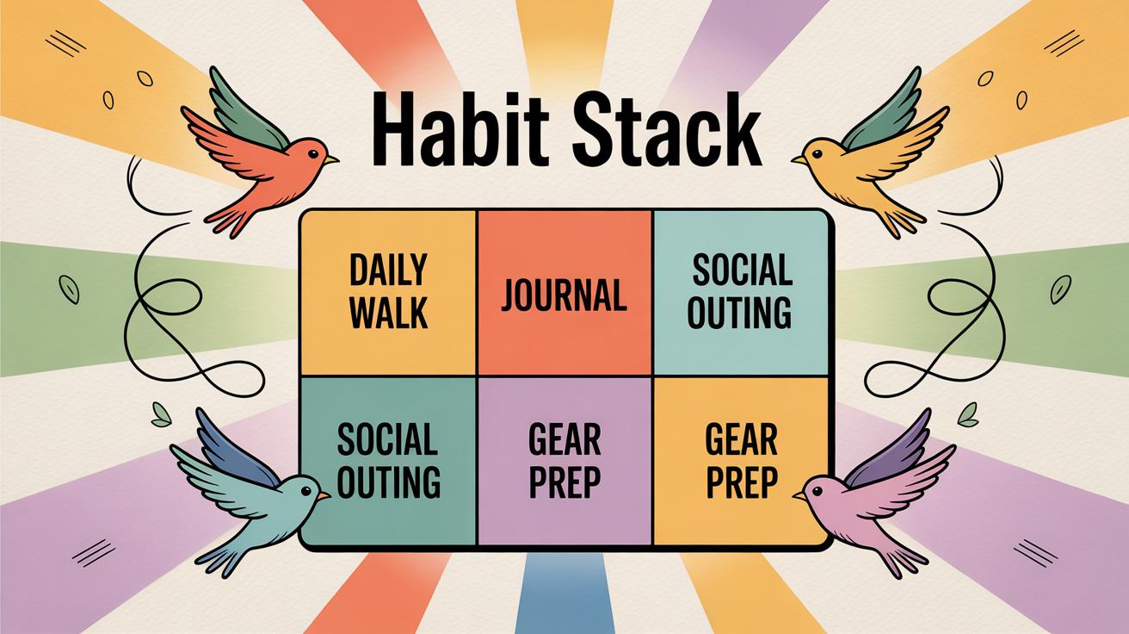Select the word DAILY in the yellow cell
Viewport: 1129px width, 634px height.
click(389, 270)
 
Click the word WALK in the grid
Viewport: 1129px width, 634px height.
click(389, 312)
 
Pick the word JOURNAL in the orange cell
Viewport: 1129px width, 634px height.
click(564, 295)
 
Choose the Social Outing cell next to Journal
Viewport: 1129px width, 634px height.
click(742, 293)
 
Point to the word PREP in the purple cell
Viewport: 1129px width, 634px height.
click(564, 483)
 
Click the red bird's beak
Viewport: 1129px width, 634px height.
click(333, 159)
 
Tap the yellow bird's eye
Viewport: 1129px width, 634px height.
click(813, 153)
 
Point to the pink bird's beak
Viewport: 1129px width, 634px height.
click(799, 496)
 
